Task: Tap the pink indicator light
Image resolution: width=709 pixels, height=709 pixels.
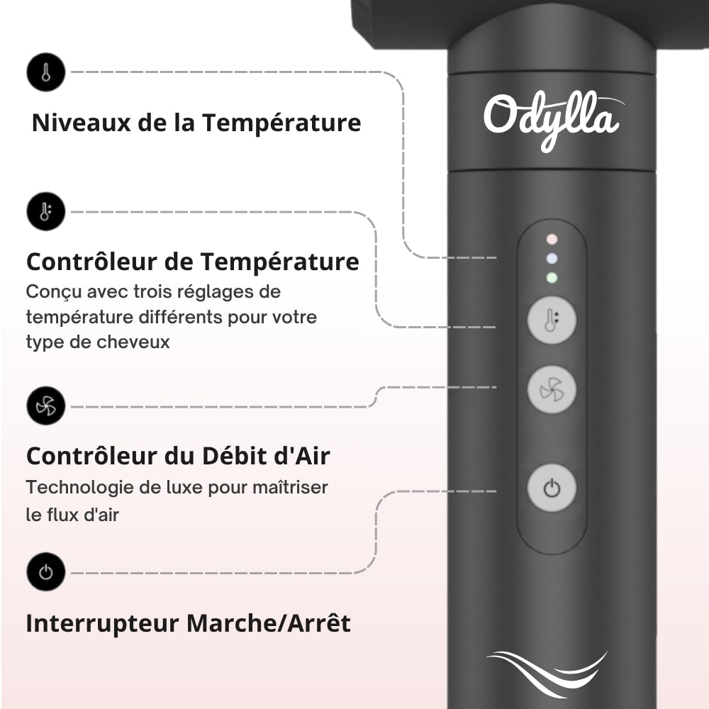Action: pos(552,240)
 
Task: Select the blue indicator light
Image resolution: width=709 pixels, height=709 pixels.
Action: pos(552,259)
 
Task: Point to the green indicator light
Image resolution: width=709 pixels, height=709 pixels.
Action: pos(552,278)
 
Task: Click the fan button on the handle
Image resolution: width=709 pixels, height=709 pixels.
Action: pos(552,389)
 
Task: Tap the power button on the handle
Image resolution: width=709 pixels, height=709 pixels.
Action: pos(552,488)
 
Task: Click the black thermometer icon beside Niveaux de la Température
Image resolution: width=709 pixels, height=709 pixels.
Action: pos(46,72)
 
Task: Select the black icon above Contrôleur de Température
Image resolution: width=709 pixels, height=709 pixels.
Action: pos(46,211)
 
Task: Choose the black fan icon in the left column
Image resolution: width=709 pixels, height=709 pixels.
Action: pos(46,406)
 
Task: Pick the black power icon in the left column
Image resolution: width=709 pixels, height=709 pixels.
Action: pos(46,572)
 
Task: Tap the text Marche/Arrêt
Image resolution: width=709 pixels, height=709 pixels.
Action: pos(269,623)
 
